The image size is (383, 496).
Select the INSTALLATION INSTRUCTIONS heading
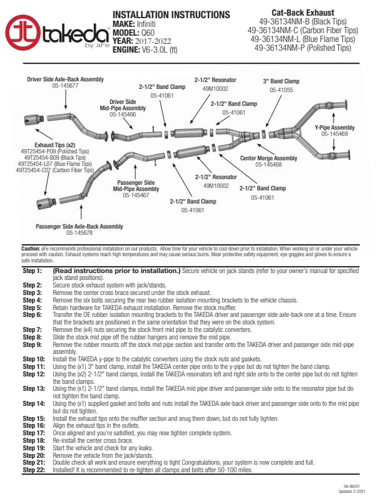[x=170, y=14]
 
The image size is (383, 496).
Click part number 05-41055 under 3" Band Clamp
[x=281, y=90]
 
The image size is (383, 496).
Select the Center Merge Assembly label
[x=269, y=158]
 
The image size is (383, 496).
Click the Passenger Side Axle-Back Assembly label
[x=79, y=226]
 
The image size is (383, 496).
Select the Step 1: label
[x=32, y=271]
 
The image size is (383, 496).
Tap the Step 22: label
[x=33, y=468]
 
